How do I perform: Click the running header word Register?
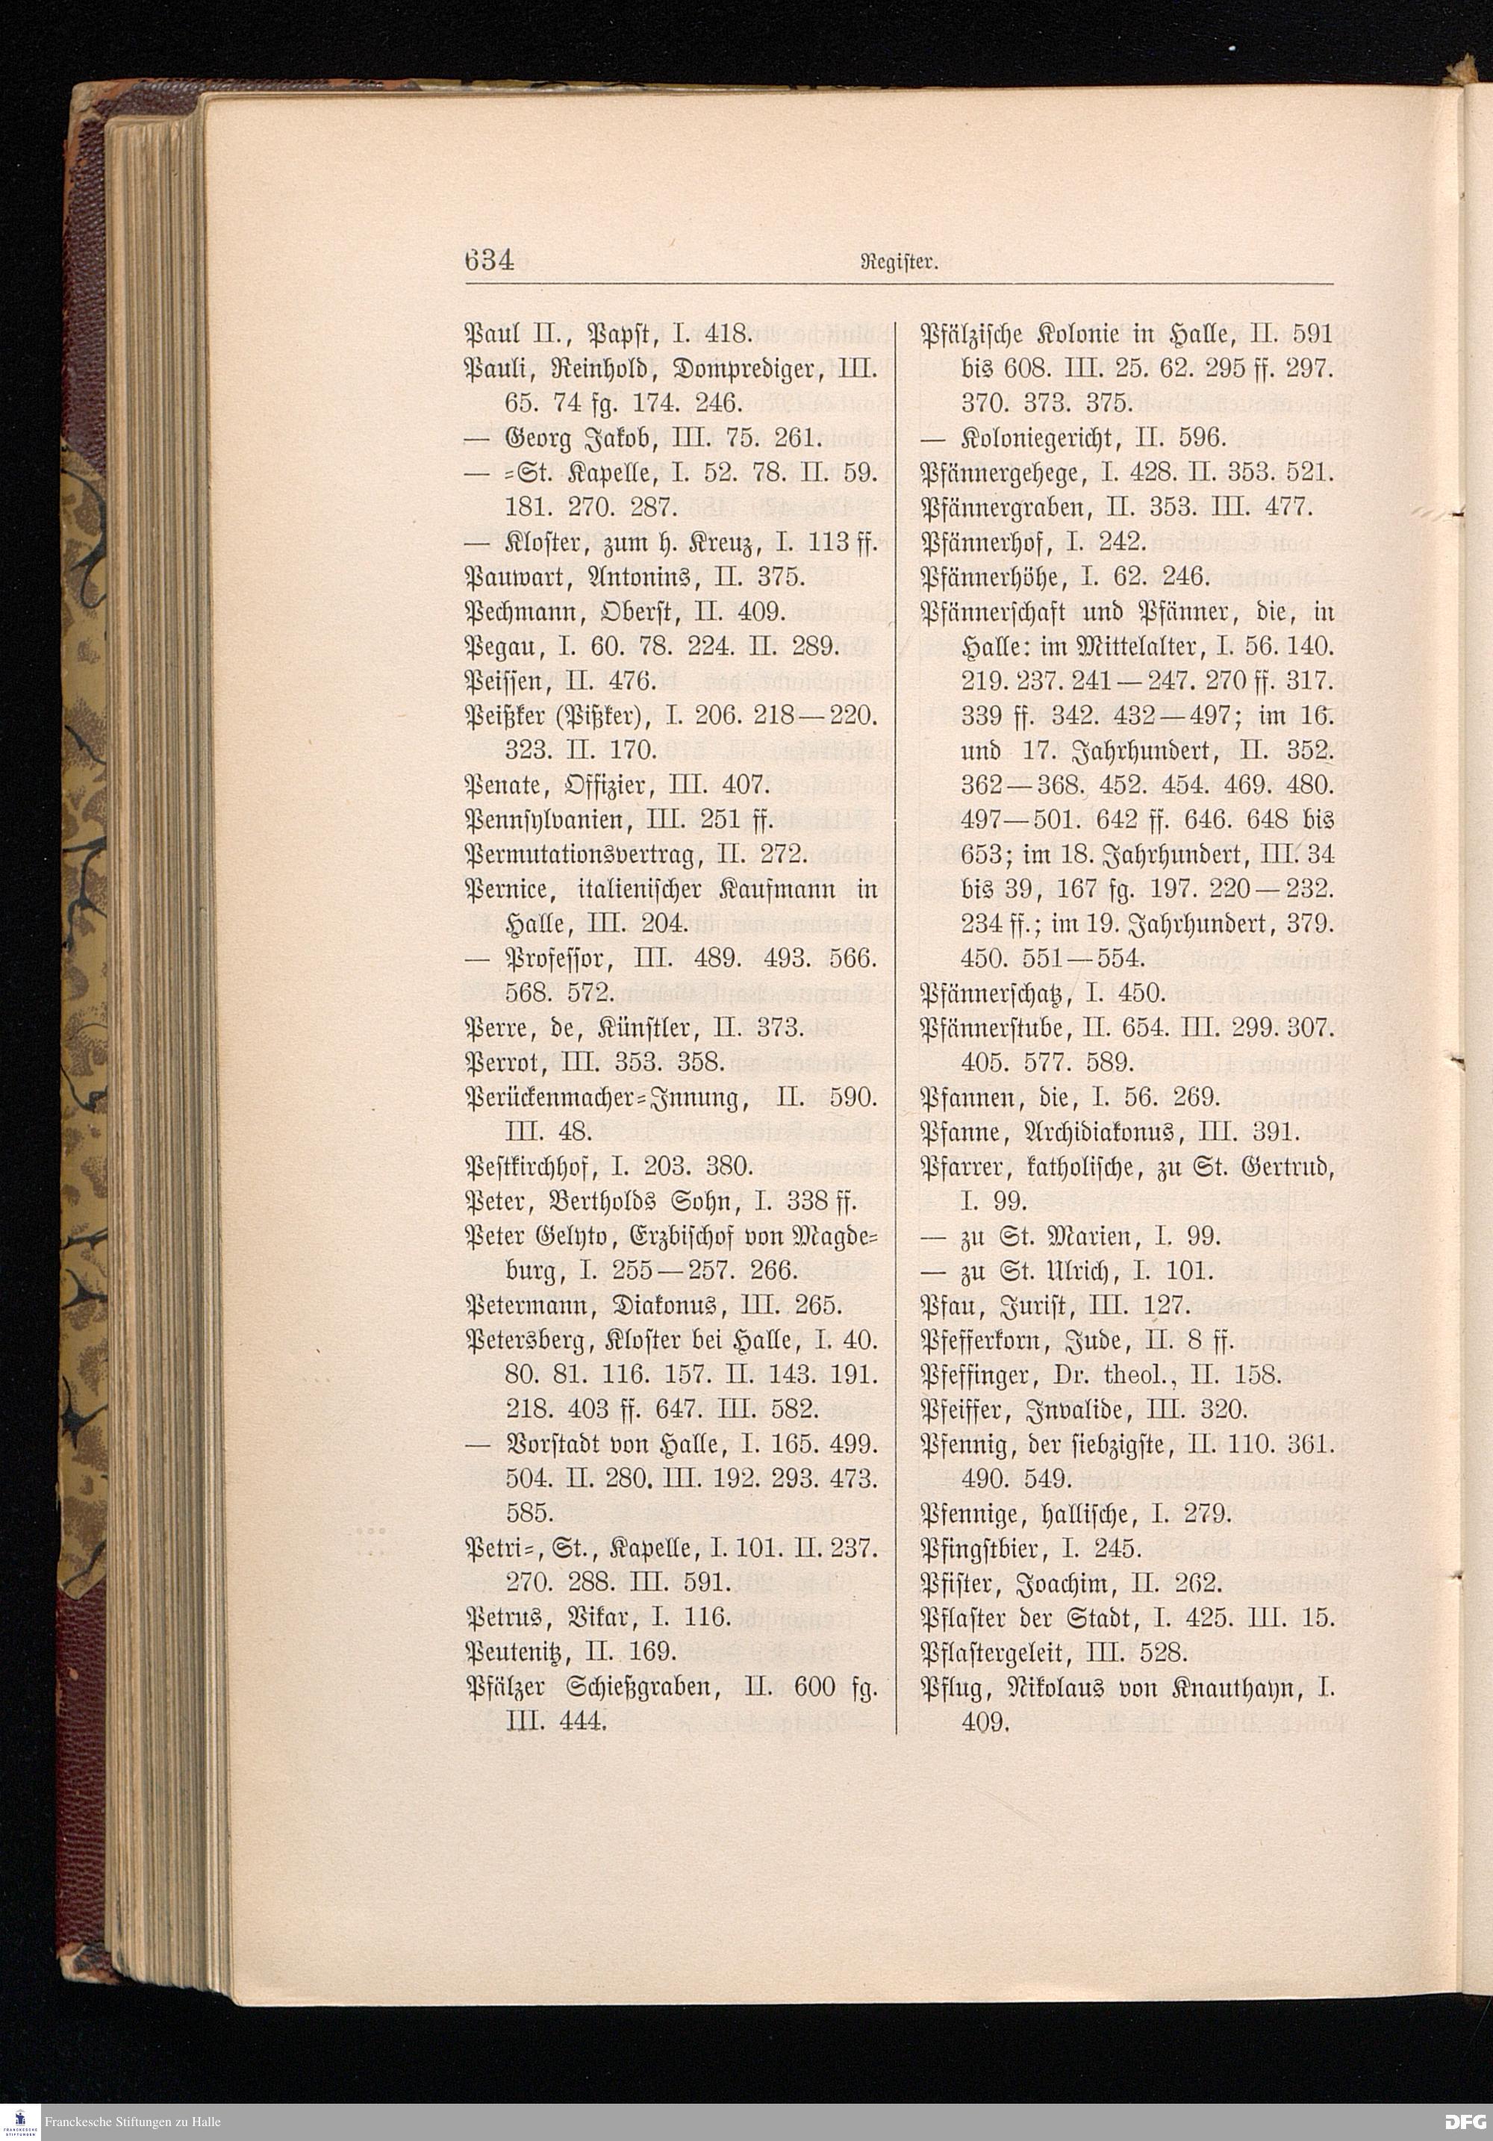902,262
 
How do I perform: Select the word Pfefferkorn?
995,1341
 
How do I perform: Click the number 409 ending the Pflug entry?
983,1721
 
